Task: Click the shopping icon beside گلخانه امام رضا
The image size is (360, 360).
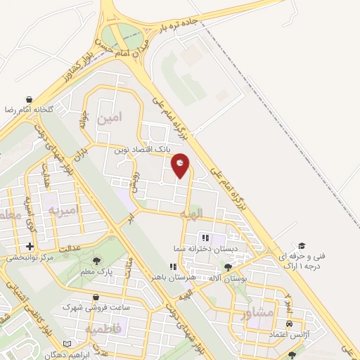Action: click(x=29, y=100)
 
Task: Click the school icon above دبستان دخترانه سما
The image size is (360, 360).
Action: click(x=206, y=238)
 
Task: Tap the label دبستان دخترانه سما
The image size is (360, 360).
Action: click(x=207, y=249)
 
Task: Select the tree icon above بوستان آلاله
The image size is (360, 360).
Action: click(x=227, y=267)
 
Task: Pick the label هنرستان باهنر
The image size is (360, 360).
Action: click(x=172, y=278)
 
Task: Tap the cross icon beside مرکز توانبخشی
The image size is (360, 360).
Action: click(x=29, y=247)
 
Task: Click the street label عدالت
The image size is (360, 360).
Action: click(x=71, y=249)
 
